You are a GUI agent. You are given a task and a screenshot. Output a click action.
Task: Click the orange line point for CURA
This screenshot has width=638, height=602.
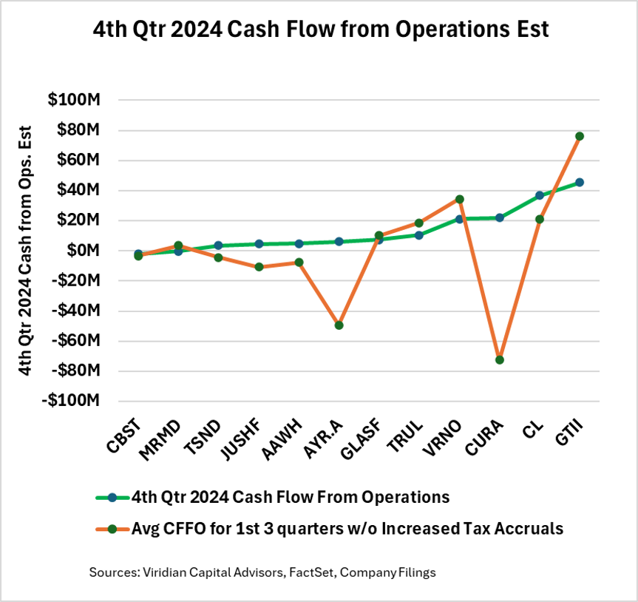(500, 360)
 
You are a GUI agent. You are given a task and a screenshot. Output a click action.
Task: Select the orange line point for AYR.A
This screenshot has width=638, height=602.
(339, 325)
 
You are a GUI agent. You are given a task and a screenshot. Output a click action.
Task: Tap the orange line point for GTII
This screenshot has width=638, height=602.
(580, 136)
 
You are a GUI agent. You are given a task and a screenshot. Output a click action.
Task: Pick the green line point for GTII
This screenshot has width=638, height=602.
(580, 182)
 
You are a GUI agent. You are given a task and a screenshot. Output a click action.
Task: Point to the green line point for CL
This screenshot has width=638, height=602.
(540, 195)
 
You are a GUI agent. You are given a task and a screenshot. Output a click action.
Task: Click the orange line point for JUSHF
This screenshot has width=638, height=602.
(259, 267)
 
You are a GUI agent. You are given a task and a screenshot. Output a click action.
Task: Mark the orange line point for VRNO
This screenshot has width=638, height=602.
(459, 199)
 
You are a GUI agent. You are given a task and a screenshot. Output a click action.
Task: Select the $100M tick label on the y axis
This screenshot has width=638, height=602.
(74, 100)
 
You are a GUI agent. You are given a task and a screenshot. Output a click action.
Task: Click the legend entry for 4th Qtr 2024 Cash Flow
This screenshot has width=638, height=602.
(288, 498)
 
